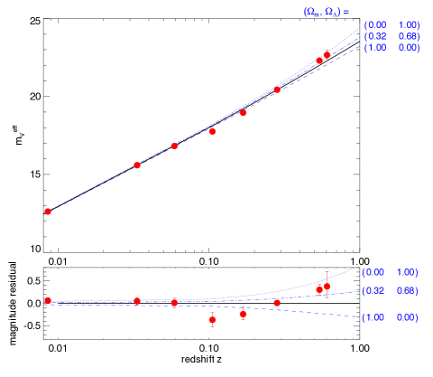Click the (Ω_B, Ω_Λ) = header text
click(x=326, y=12)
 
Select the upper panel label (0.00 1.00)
click(x=391, y=24)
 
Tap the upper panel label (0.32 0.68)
click(x=391, y=36)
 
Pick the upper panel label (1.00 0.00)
click(x=391, y=47)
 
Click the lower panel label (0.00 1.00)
click(x=390, y=272)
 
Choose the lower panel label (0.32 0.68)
click(x=390, y=291)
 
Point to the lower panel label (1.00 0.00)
click(x=390, y=318)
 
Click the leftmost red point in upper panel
click(x=48, y=212)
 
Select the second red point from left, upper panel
click(x=137, y=165)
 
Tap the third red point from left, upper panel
click(x=174, y=146)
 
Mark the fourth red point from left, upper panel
click(x=213, y=131)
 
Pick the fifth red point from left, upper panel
click(x=244, y=113)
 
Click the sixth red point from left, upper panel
click(x=277, y=90)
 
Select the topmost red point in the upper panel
click(x=327, y=55)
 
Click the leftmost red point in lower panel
click(x=48, y=300)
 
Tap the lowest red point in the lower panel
click(x=213, y=320)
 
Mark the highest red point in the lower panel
click(x=327, y=286)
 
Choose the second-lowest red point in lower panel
click(x=244, y=314)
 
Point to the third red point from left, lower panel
click(x=174, y=303)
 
